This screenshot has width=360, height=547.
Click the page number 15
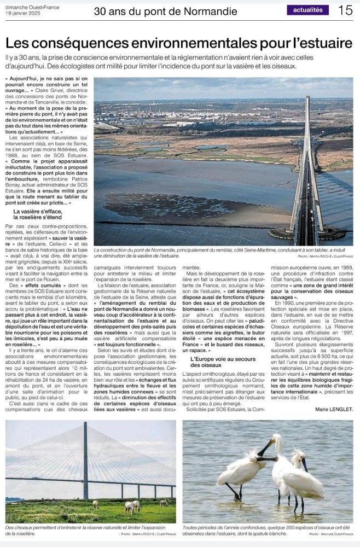click(345, 10)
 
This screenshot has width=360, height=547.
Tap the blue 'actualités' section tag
click(308, 10)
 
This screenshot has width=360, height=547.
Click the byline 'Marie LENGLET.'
click(334, 409)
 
